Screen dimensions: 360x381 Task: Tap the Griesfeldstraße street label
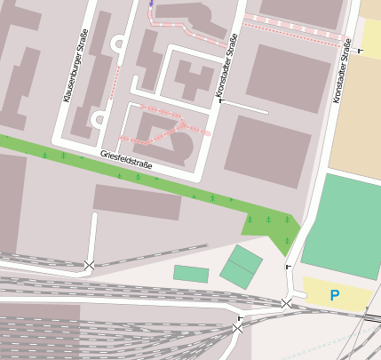click(126, 160)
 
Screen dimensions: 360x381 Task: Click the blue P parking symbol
click(334, 295)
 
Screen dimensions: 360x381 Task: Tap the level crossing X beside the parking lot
click(286, 304)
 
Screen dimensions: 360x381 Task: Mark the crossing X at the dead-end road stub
click(89, 265)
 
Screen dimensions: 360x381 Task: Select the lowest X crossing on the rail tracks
click(236, 329)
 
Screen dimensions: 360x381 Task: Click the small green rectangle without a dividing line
click(191, 274)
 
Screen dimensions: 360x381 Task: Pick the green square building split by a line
click(241, 268)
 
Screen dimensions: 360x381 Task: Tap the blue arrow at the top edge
click(151, 4)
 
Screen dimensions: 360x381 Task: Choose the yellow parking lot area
click(337, 294)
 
